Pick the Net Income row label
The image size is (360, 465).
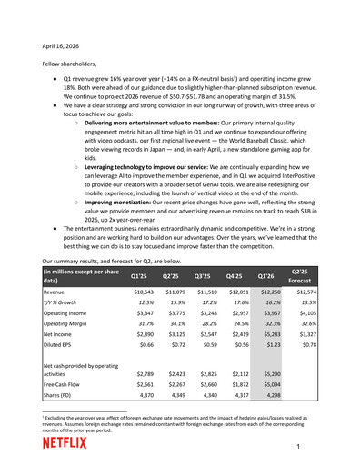point(62,333)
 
